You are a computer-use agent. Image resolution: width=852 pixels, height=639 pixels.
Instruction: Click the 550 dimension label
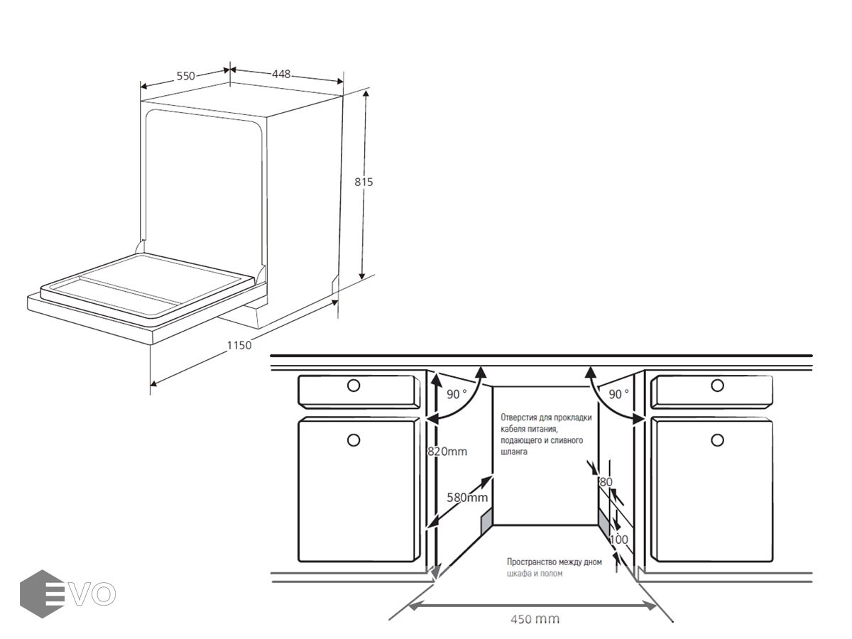coord(185,76)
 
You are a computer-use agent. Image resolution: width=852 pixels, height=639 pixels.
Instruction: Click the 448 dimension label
coord(281,74)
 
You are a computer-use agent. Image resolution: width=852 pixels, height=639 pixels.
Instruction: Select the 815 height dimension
coord(364,182)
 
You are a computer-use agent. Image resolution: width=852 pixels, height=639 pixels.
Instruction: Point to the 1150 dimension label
coord(239,345)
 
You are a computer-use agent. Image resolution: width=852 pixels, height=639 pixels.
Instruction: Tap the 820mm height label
coord(447,452)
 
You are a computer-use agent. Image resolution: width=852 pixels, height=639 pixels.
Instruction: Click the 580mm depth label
coord(467,498)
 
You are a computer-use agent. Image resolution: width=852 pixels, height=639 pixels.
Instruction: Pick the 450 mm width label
coord(535,618)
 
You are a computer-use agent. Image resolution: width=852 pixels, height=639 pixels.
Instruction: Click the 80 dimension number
coord(606,482)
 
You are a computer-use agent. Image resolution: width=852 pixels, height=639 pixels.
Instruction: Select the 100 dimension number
coord(618,540)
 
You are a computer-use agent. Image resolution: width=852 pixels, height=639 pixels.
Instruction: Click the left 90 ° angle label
coord(456,394)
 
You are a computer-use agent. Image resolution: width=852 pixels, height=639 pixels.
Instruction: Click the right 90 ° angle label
coord(618,394)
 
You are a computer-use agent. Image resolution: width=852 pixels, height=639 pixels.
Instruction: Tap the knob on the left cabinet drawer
coord(353,386)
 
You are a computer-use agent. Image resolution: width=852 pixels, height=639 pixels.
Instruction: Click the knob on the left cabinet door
coord(353,440)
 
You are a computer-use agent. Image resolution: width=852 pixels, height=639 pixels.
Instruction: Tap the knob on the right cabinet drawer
coord(717,386)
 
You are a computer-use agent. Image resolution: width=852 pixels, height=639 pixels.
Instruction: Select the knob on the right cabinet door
coord(717,440)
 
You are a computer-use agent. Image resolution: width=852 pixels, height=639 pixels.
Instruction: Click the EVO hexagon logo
coord(42,594)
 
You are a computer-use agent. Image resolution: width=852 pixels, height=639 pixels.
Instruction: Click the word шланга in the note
coord(514,452)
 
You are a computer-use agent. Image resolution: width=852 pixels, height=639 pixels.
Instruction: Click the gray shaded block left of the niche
coord(487,521)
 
